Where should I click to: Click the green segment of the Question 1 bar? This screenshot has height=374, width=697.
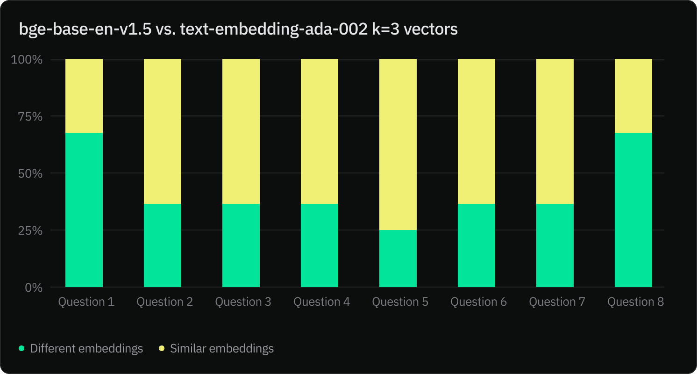click(x=84, y=210)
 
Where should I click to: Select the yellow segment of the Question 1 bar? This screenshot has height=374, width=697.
click(x=84, y=96)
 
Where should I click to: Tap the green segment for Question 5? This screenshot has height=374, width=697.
click(x=398, y=259)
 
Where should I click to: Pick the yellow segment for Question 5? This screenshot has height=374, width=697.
click(x=398, y=144)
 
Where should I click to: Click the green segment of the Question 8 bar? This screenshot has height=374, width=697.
click(x=633, y=210)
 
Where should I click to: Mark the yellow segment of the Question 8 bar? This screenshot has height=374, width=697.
click(x=633, y=96)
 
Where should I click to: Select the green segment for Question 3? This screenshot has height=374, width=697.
click(x=241, y=245)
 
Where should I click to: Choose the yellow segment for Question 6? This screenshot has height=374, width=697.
click(x=477, y=131)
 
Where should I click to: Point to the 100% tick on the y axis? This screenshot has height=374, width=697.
click(x=27, y=60)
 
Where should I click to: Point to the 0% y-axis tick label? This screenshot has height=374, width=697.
click(x=33, y=288)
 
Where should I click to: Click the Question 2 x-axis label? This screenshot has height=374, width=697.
click(x=164, y=302)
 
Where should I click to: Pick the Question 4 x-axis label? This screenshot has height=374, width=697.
click(x=321, y=302)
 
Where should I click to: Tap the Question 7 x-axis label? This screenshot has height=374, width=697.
click(x=557, y=302)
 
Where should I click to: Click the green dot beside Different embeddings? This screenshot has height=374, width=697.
click(x=21, y=348)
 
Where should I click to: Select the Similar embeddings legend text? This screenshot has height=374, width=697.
click(x=222, y=348)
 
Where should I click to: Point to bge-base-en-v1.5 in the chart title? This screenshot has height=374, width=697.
click(x=85, y=29)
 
